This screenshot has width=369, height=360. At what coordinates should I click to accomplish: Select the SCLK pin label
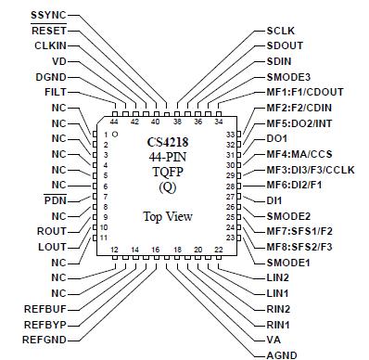point(284,32)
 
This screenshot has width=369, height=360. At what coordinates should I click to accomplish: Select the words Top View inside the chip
point(168,216)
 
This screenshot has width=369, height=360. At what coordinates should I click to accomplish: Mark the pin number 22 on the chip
point(219,251)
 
